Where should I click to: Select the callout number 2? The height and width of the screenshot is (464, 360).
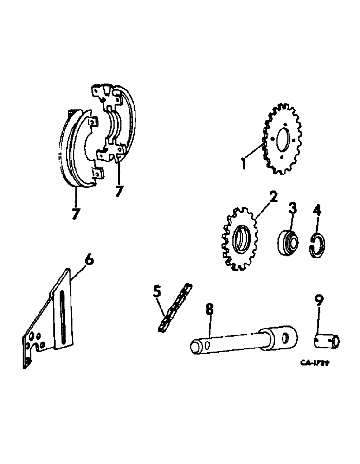(x=274, y=197)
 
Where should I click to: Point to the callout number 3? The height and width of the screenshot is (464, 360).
(x=293, y=208)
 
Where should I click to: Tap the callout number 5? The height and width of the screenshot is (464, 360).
(x=157, y=293)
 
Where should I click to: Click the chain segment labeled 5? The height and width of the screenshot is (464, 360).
(x=175, y=308)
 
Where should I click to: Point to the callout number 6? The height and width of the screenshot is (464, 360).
(x=89, y=260)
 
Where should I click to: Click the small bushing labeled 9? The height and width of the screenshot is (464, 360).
(x=326, y=342)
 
